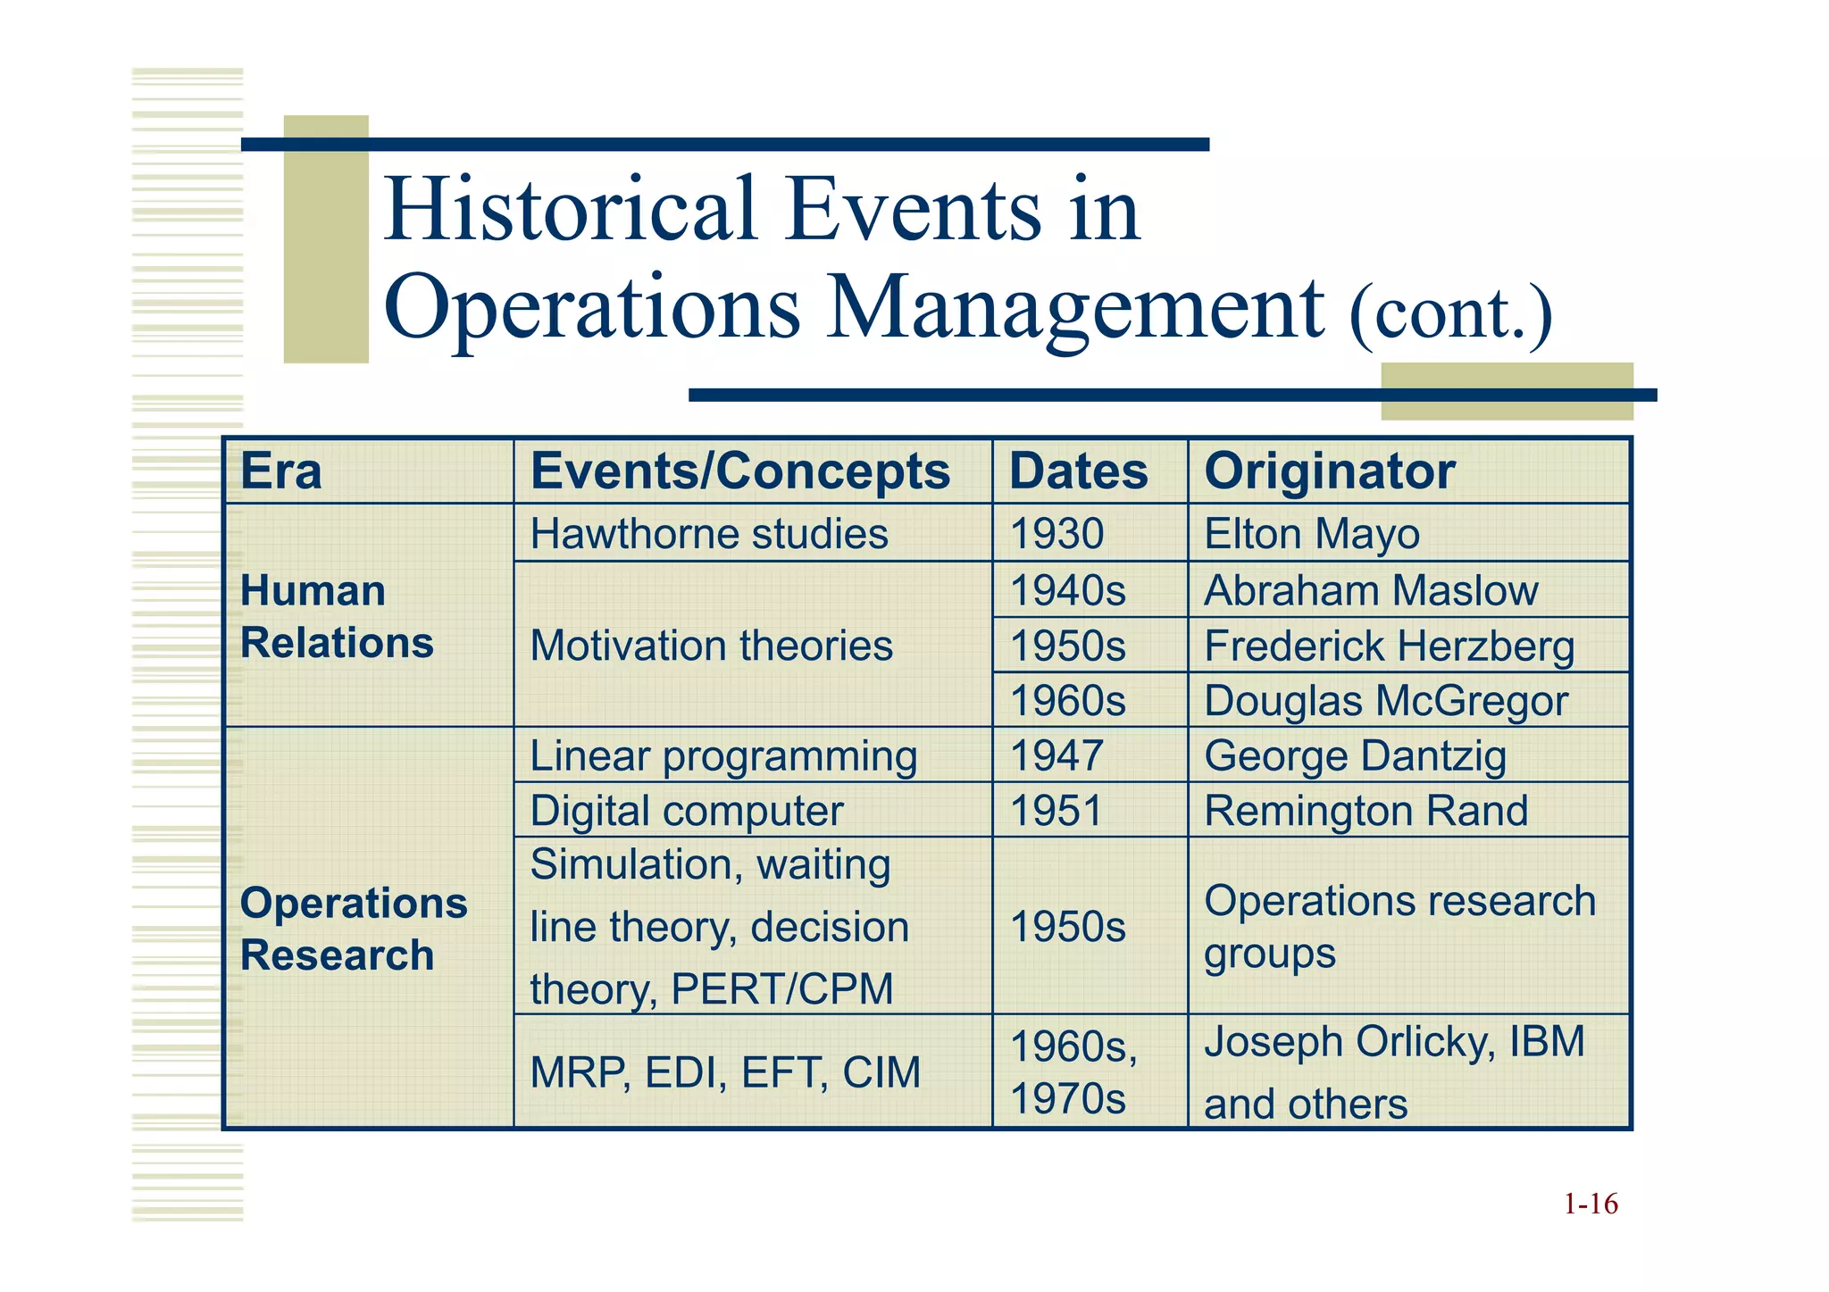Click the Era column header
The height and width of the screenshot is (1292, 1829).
point(281,471)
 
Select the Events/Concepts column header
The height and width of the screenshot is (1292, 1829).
point(740,471)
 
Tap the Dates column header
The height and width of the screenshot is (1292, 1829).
point(1078,471)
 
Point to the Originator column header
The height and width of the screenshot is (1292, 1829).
point(1330,471)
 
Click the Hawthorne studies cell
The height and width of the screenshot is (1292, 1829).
point(709,534)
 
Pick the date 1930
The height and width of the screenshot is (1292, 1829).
point(1056,534)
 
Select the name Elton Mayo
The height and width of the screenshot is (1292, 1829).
point(1312,534)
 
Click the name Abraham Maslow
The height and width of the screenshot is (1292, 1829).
point(1371,591)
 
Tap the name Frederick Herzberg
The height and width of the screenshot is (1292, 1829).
point(1389,646)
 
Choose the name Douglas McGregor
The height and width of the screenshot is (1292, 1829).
point(1385,701)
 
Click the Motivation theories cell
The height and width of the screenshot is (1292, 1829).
point(711,646)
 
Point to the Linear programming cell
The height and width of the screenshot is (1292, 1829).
point(723,756)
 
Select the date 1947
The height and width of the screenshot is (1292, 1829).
point(1056,756)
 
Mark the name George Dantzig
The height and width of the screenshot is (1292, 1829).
point(1355,756)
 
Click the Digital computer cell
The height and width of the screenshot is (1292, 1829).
point(686,811)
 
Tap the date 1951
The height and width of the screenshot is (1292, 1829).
point(1056,811)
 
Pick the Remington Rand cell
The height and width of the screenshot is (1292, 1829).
point(1365,811)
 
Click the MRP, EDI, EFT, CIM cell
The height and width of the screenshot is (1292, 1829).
point(724,1072)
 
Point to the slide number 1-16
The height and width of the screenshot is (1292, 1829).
point(1591,1204)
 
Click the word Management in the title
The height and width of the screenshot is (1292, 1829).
point(1075,308)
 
